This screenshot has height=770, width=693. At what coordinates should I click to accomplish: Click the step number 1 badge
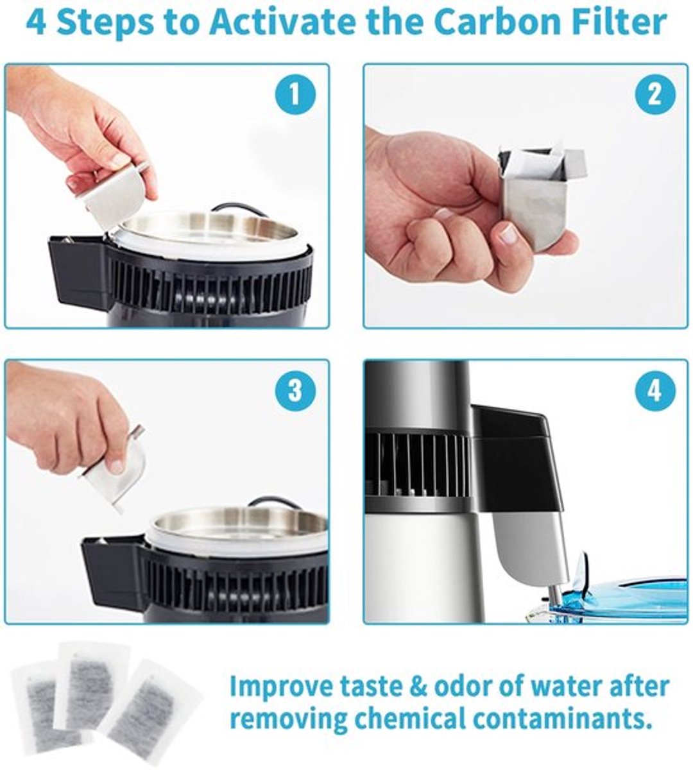coord(295,95)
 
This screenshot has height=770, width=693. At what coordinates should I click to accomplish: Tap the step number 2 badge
coord(654,95)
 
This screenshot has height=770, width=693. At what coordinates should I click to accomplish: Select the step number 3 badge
coord(295,391)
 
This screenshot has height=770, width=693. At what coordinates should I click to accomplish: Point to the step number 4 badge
coord(654,391)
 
